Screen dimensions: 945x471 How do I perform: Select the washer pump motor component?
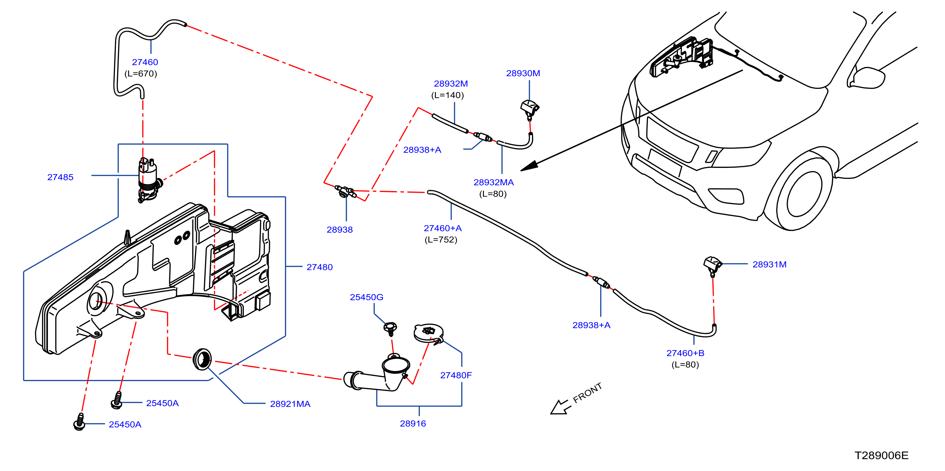point(149,180)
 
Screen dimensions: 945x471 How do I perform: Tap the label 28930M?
point(523,73)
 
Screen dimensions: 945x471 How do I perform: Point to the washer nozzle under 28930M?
point(530,109)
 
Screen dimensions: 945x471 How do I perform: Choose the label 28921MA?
point(290,404)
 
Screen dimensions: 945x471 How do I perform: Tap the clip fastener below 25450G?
point(390,328)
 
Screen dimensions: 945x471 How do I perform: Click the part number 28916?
point(413,424)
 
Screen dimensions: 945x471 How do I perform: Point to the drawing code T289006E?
point(881,455)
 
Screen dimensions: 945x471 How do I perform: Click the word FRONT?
point(587,393)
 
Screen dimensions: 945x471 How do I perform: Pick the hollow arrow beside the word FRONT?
point(560,407)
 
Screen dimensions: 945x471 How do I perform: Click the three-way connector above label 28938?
point(345,191)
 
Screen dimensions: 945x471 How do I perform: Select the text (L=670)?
point(141,74)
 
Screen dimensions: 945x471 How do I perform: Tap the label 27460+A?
point(442,228)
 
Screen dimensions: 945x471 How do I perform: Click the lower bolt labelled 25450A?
point(79,422)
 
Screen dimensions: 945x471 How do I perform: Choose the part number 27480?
point(319,267)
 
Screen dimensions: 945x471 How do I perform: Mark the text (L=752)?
point(441,240)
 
